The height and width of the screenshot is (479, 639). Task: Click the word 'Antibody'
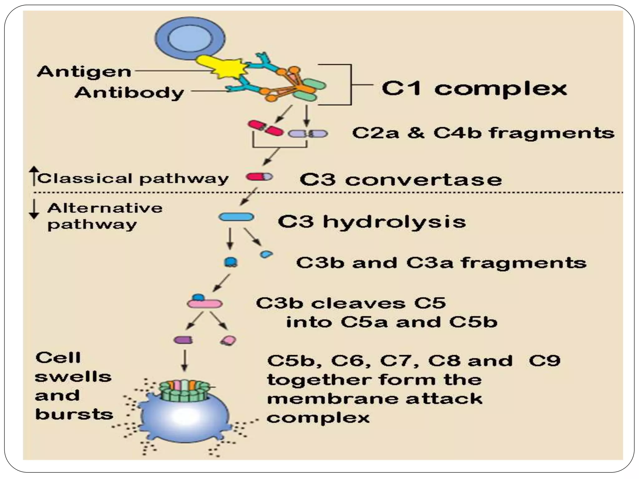pos(129,92)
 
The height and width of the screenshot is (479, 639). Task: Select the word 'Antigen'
pos(84,72)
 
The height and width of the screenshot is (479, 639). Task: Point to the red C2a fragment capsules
pos(266,128)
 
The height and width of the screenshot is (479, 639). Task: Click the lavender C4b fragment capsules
pos(308,134)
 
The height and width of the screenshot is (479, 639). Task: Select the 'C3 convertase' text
pos(401,180)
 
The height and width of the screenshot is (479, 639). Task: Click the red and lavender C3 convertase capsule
pos(259,177)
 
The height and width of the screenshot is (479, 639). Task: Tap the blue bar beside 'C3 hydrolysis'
pos(236,217)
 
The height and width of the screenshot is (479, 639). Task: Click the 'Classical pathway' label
pos(133,179)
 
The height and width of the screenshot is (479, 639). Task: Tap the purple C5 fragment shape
pos(183,340)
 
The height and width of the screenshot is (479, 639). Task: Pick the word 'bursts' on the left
pos(74,414)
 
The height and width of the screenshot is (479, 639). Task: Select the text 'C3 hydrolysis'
pos(372,222)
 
